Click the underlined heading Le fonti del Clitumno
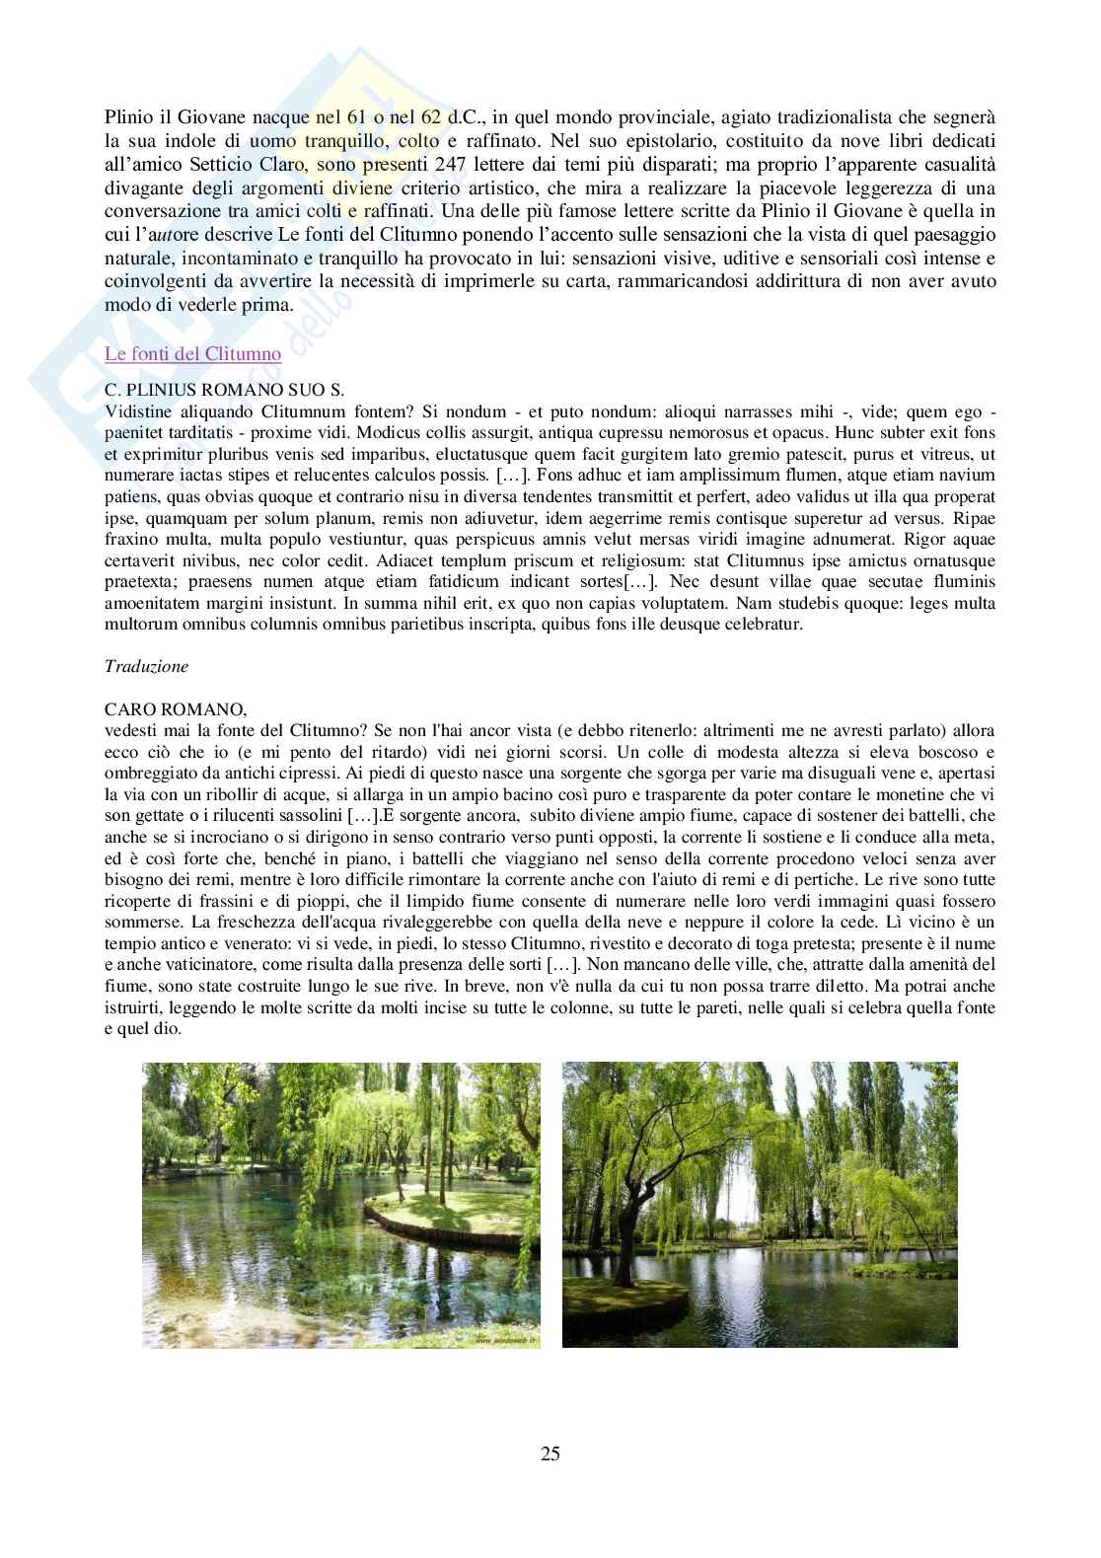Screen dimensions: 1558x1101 pos(192,353)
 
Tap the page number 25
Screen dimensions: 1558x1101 pos(550,1452)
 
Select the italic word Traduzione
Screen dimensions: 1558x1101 pos(146,666)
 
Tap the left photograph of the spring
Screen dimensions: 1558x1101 pos(341,1204)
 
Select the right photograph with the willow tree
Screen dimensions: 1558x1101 pos(760,1204)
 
